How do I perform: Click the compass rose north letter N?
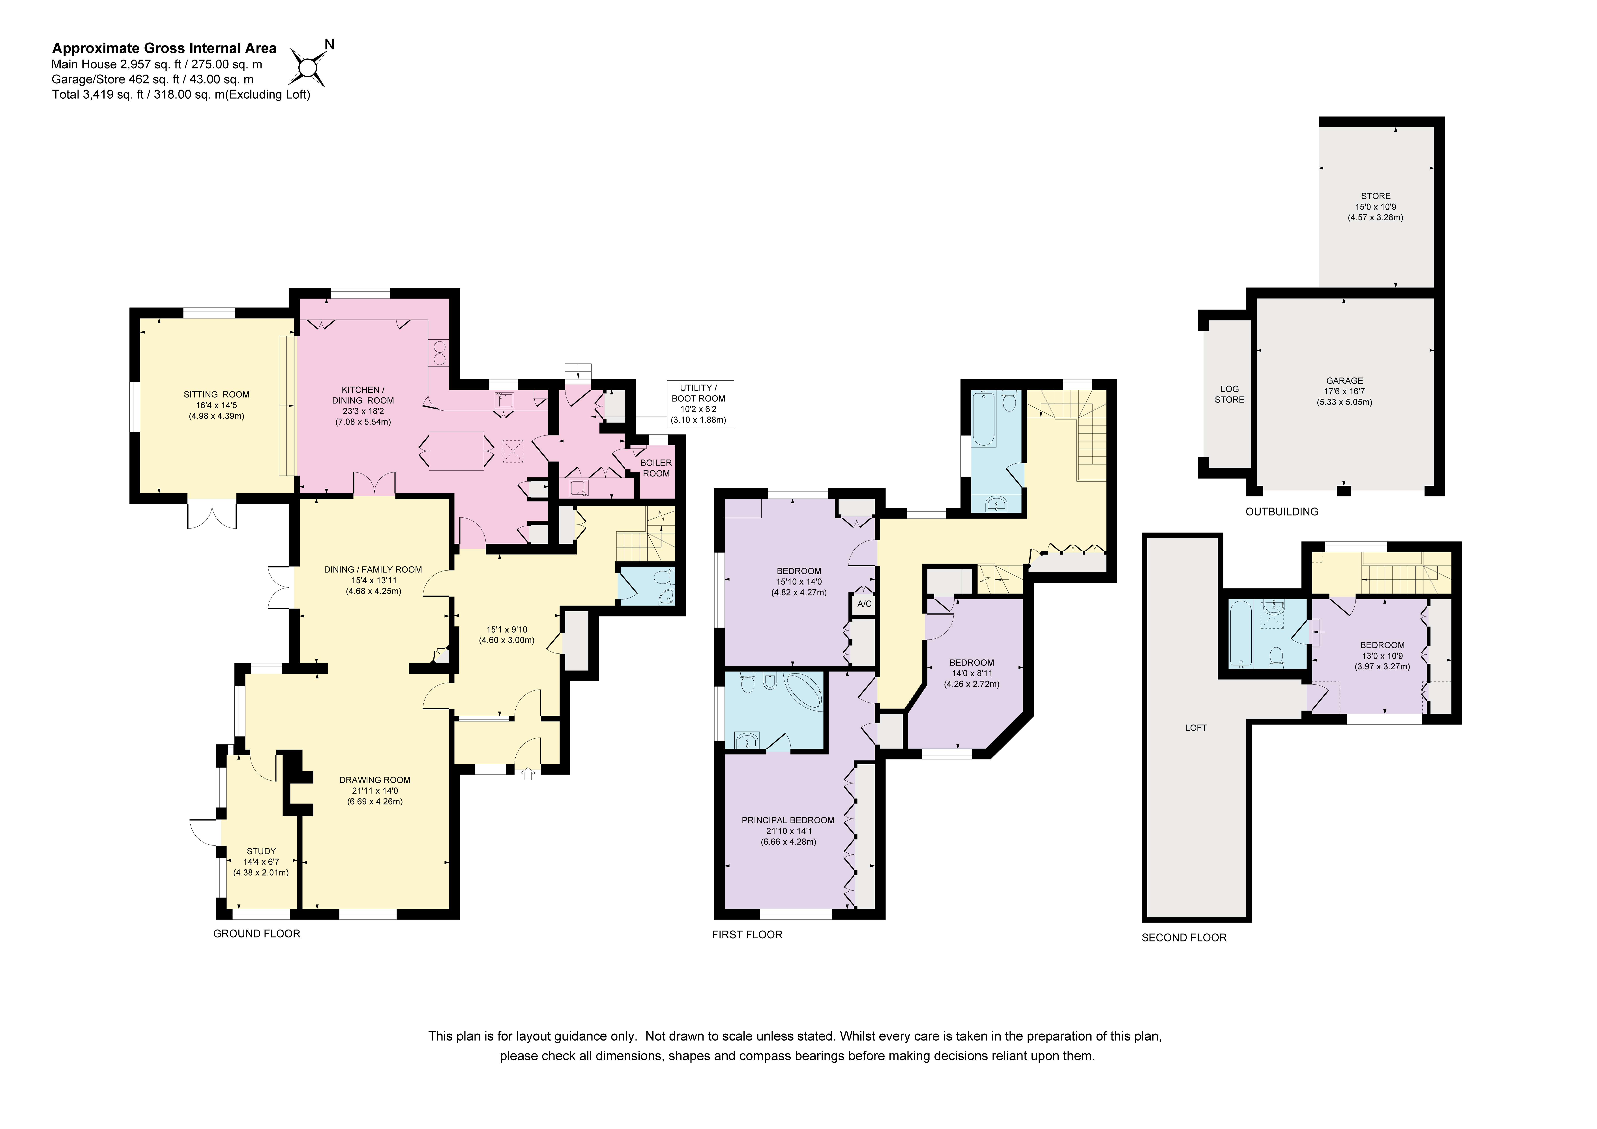point(330,45)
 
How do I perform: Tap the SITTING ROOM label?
point(216,394)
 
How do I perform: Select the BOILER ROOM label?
point(656,468)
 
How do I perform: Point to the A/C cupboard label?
point(864,604)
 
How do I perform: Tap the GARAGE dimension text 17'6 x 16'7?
point(1344,392)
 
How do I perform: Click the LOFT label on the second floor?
point(1196,728)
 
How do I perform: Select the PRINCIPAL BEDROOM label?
point(788,820)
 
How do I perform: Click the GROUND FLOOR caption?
point(257,934)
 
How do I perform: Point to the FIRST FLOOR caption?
point(747,934)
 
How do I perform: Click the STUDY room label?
point(262,851)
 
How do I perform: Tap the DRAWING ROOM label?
point(375,780)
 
